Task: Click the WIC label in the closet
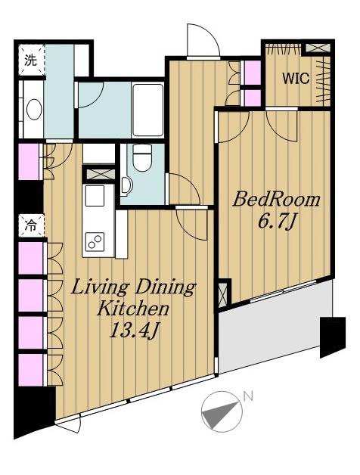click(296, 79)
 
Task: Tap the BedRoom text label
click(276, 200)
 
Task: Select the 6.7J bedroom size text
click(276, 222)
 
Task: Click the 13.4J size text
click(134, 330)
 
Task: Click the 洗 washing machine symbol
click(31, 60)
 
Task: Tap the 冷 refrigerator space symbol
click(31, 225)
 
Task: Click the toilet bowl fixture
click(142, 157)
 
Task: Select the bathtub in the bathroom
click(148, 110)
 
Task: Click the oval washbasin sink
click(34, 110)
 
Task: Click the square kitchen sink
click(95, 196)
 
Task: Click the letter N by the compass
click(248, 396)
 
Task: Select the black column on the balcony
click(333, 337)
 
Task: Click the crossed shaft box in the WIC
click(318, 48)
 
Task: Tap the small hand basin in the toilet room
click(126, 185)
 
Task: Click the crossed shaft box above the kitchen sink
click(99, 174)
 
